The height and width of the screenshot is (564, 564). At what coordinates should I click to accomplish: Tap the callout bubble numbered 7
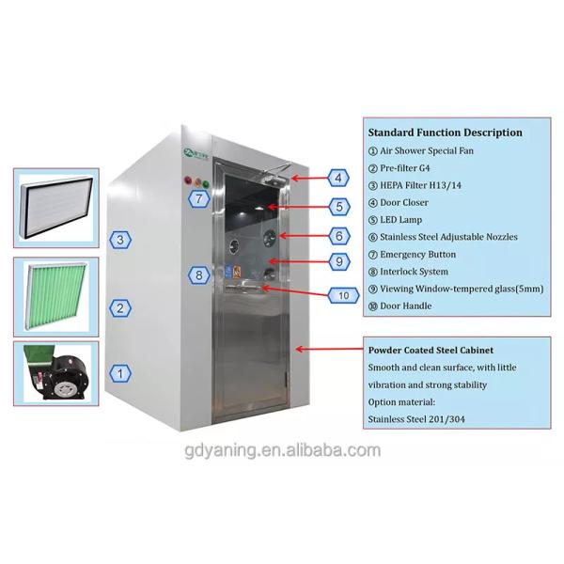198,198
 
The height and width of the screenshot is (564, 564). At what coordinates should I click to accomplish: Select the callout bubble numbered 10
344,295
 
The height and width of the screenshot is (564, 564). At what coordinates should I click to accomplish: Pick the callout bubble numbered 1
120,373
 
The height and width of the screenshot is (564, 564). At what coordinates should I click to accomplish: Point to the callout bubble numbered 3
120,241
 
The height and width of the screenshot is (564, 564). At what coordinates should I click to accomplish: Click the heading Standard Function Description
445,133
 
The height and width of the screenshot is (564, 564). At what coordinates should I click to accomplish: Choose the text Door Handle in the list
410,305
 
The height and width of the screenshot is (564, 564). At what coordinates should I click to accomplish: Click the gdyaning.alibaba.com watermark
281,449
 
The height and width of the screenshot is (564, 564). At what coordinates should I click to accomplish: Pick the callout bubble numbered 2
120,306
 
